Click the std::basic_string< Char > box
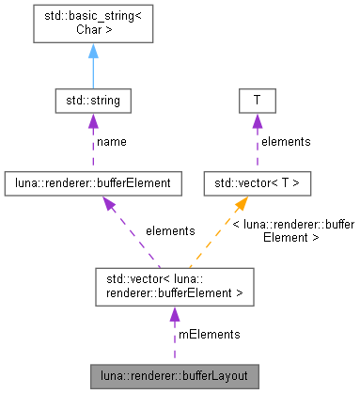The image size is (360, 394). point(92,22)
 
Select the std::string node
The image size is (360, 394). point(92,99)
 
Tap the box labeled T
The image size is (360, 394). point(257,99)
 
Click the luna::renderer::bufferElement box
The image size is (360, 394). point(92,183)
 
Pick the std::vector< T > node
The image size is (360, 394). point(257,183)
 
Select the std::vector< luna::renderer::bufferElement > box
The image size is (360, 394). point(174,286)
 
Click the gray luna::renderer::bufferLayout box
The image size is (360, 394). point(174,376)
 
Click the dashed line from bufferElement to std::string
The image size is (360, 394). point(92,146)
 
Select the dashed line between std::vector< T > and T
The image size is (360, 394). point(257,146)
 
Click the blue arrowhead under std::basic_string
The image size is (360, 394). point(92,51)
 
